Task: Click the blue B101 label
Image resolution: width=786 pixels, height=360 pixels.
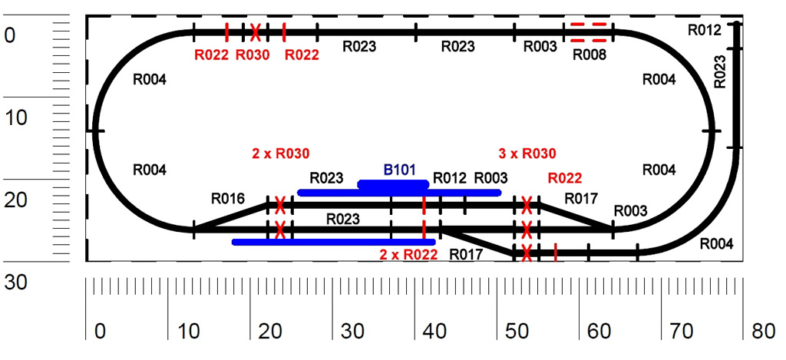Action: click(399, 170)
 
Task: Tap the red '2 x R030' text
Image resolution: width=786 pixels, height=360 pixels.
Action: click(280, 153)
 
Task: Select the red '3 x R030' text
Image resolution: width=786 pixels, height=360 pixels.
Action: click(527, 153)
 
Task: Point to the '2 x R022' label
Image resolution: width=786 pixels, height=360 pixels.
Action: click(408, 254)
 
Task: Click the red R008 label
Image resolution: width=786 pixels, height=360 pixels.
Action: click(589, 54)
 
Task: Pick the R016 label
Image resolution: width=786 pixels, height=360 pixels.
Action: click(227, 200)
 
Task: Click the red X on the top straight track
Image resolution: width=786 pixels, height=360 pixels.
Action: click(255, 31)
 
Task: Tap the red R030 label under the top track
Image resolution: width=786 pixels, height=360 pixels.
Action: click(252, 54)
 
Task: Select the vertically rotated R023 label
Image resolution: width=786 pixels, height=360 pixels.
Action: click(720, 71)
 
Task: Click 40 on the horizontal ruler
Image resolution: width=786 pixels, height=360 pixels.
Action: click(434, 332)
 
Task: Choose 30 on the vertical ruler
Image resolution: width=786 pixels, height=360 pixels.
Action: click(15, 282)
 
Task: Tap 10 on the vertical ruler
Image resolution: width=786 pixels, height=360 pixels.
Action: click(15, 117)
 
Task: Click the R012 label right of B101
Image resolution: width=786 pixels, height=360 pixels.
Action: click(450, 178)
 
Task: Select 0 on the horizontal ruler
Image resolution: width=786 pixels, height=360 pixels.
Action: click(99, 332)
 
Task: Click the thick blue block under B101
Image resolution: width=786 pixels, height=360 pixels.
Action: click(393, 185)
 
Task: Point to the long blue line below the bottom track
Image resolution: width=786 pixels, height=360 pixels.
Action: click(333, 242)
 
